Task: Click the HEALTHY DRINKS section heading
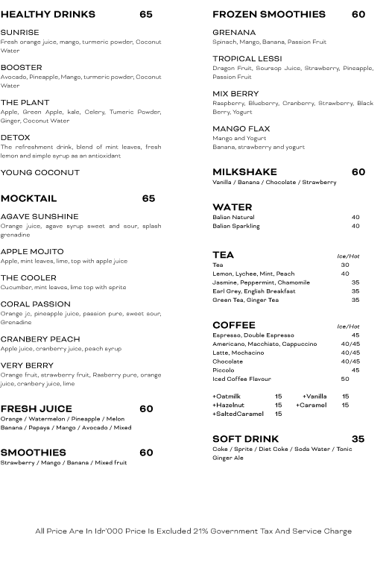coord(48,14)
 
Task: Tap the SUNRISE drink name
coord(20,33)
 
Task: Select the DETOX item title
coord(16,138)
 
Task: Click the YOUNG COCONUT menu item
coord(40,173)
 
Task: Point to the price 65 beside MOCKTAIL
coord(148,199)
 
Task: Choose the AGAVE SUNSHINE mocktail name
coord(39,217)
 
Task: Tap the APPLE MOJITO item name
coord(32,252)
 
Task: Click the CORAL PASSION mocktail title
coord(36,305)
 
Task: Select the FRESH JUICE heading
coord(37,409)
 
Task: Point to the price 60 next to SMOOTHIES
coord(146,452)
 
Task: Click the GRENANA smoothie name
coord(234,33)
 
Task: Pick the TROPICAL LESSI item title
coord(247,59)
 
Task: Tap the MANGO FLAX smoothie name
coord(241,129)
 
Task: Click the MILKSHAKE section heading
coord(244,172)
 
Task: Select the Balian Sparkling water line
coord(236,226)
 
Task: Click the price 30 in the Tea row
coord(345,265)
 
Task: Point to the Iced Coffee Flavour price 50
coord(345,379)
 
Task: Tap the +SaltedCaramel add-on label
coord(238,414)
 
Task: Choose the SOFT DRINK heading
coord(245,439)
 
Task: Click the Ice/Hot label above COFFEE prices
coord(348,326)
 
